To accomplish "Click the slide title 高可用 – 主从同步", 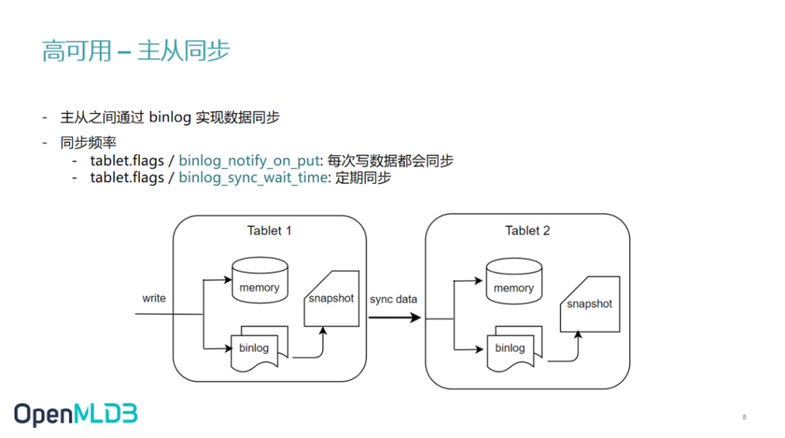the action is click(136, 51).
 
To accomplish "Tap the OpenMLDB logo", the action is click(76, 414).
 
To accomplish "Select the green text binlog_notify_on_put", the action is click(249, 161).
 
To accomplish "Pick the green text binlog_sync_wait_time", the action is click(253, 178).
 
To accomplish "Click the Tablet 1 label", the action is click(269, 230).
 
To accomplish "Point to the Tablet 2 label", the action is click(527, 230).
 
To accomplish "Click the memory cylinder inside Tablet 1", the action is click(260, 280).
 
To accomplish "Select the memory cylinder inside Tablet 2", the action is click(514, 281).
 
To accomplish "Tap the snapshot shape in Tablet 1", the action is click(332, 299).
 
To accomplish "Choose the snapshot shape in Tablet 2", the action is click(590, 304).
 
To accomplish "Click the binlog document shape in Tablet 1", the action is click(259, 348).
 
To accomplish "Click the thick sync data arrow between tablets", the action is click(395, 318).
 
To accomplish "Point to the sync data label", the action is click(393, 299).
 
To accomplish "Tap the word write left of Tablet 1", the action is click(153, 298).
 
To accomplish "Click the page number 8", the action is click(744, 417).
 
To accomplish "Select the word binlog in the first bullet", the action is click(170, 117).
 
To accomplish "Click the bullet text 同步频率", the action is click(89, 142).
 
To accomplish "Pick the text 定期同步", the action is click(363, 178).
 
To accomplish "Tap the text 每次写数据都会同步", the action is click(390, 161).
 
